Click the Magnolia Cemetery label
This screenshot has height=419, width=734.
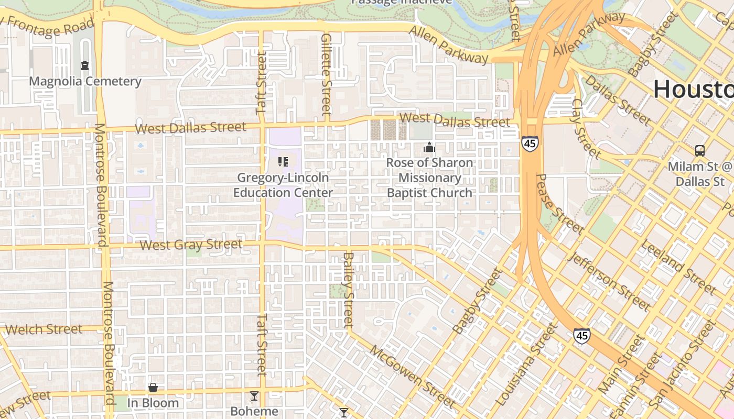pos(85,81)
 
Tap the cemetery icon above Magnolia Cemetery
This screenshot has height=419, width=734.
pos(85,65)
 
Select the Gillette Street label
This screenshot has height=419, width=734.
pos(326,74)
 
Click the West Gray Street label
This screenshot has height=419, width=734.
pos(191,245)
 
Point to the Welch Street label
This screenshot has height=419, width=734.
pos(44,329)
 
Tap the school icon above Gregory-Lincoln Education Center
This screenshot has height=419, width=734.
pos(283,162)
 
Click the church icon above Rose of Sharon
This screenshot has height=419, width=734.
pos(429,148)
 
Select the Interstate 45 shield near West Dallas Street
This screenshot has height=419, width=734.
pos(530,143)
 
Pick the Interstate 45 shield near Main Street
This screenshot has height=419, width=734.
pos(581,335)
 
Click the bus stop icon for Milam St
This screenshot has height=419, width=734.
pos(699,151)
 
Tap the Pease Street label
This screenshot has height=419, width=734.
pos(559,204)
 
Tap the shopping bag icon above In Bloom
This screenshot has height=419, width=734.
pos(153,388)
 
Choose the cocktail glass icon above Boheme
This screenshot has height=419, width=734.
pos(254,396)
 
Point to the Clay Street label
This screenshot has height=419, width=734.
pos(586,128)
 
